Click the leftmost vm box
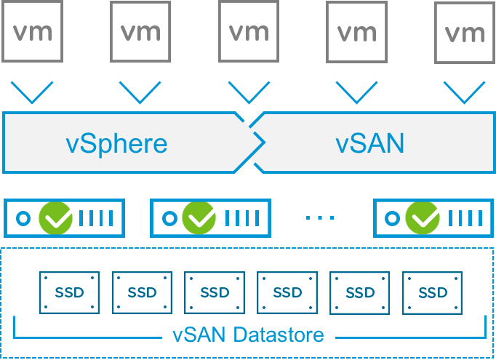32,32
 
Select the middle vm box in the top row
249,32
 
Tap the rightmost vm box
463,33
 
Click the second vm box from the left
140,32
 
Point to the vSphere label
116,143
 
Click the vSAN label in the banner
369,143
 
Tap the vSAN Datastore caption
248,336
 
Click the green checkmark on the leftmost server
55,217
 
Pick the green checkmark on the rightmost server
423,217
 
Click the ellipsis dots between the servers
320,217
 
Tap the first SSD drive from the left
69,293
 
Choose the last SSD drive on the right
433,293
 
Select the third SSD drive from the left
215,293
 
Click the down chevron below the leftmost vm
32,93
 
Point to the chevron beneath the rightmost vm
464,93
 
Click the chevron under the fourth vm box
357,93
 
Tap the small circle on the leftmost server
23,217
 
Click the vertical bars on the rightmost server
465,217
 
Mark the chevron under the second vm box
140,93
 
